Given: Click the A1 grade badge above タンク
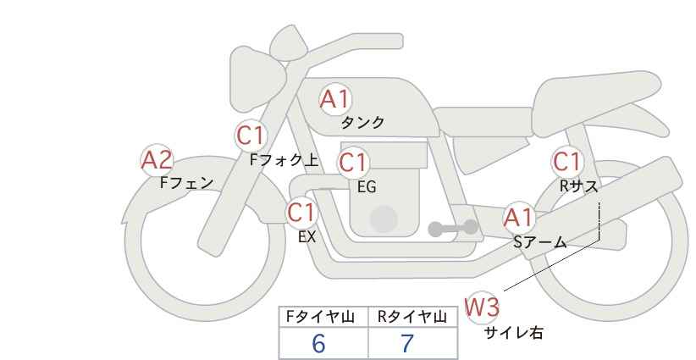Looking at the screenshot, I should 334,100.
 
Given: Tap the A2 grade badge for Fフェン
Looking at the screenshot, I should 157,159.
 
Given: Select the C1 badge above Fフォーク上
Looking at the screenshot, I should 251,135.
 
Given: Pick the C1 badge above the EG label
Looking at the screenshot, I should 353,162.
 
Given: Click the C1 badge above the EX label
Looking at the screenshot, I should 301,212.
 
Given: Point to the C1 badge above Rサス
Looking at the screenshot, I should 566,161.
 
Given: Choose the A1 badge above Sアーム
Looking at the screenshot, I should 517,218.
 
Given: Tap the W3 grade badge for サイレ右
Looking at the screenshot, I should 483,307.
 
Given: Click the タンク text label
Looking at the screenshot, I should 362,123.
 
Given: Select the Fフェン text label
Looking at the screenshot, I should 186,182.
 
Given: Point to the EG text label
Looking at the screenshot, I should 367,187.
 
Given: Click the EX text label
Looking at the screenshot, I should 307,237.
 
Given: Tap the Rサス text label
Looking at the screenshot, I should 578,186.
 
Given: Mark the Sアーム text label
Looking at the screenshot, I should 539,242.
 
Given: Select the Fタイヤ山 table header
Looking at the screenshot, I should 324,317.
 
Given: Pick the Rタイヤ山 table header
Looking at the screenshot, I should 412,317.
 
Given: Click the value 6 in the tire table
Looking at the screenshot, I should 318,343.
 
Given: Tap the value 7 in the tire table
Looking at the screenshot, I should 407,343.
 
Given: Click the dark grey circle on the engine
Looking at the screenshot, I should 384,219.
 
